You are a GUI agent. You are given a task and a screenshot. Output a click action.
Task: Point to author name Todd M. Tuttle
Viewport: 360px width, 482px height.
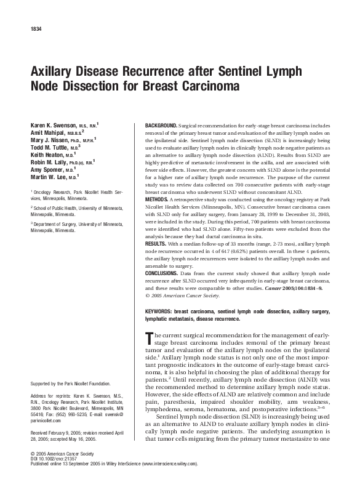pyautogui.click(x=54, y=148)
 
